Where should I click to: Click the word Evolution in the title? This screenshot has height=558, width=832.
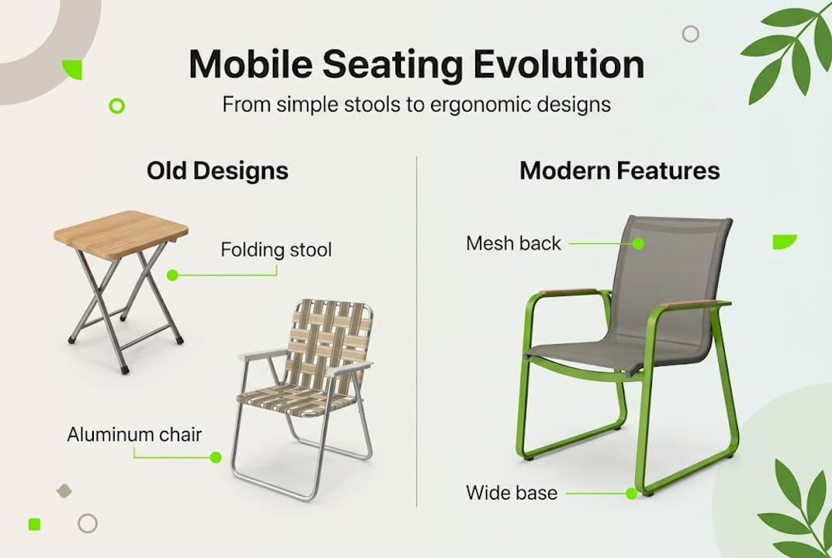(x=559, y=65)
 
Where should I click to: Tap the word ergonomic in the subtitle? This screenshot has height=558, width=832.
(x=442, y=104)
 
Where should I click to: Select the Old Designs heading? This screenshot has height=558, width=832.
(x=217, y=171)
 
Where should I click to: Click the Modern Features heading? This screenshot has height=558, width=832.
(x=620, y=171)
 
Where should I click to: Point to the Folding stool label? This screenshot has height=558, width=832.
(x=276, y=250)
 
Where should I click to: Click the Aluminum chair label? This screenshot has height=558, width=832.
(x=134, y=434)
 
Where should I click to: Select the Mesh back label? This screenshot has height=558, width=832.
(x=513, y=243)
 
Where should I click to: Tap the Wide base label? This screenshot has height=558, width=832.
(x=511, y=492)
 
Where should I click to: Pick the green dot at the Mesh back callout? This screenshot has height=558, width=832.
(x=638, y=243)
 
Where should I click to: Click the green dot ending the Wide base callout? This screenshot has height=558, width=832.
(x=631, y=493)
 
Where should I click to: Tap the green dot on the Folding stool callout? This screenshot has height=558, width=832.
(x=172, y=274)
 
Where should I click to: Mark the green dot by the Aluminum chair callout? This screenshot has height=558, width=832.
(x=216, y=457)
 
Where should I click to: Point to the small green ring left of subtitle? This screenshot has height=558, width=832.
(x=117, y=105)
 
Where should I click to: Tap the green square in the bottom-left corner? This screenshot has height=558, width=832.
(x=34, y=524)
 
